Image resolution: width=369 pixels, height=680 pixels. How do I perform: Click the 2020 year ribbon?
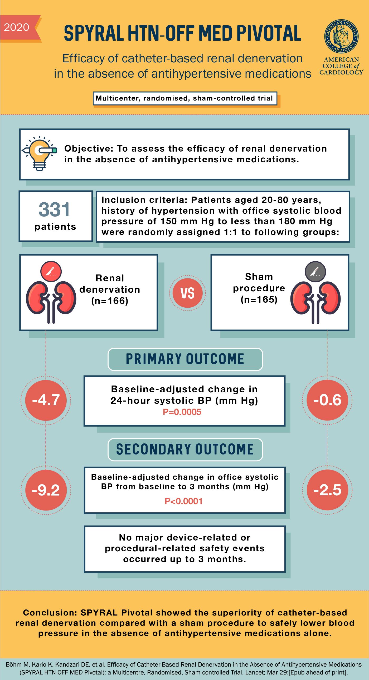(17, 27)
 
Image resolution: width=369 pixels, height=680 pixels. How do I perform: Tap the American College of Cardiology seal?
(341, 36)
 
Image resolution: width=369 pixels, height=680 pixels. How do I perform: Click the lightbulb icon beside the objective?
(39, 153)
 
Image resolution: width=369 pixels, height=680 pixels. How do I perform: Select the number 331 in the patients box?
(55, 209)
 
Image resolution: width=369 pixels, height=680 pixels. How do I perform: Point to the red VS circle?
(187, 293)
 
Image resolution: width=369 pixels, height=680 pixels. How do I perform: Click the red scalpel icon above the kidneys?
(51, 271)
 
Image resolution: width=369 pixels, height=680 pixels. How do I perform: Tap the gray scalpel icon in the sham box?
(315, 271)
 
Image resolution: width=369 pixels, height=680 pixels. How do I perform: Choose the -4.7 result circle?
(46, 400)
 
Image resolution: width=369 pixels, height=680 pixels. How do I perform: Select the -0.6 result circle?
(327, 400)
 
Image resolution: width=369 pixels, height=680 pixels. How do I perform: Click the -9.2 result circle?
(46, 490)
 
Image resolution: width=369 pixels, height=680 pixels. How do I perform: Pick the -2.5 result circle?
(327, 490)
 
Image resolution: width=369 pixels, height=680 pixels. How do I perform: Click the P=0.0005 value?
(182, 412)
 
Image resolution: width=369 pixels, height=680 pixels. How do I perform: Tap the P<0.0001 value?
(183, 501)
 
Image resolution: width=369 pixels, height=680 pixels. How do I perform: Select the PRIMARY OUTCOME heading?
(185, 359)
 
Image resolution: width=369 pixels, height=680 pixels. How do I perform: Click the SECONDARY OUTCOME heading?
(185, 449)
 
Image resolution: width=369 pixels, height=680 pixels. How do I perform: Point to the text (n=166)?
(110, 301)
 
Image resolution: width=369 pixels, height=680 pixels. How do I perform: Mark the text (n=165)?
(259, 299)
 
